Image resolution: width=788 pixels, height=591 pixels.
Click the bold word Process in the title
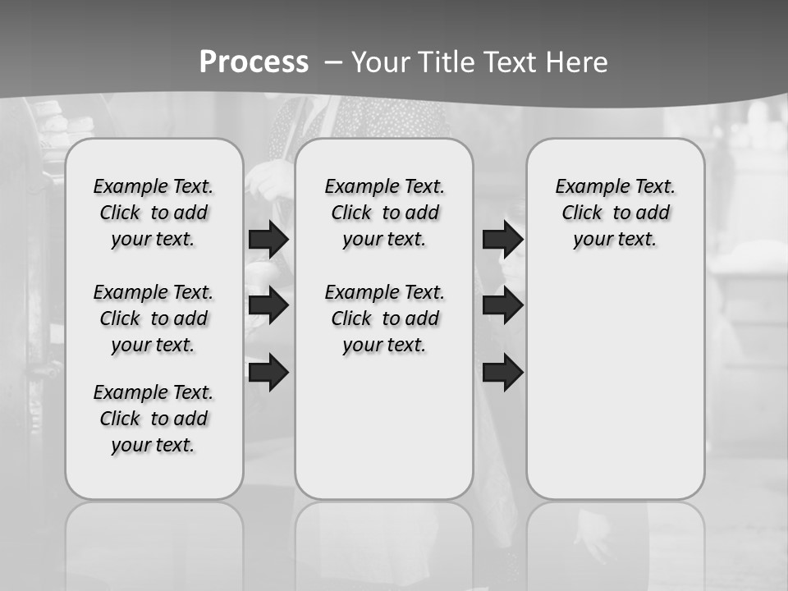point(254,62)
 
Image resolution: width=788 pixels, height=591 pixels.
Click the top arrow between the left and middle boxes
point(268,240)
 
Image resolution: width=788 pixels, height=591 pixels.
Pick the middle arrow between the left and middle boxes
point(268,305)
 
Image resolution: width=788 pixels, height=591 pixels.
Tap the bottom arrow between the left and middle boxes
point(268,372)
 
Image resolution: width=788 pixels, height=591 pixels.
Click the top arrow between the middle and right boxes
point(502,240)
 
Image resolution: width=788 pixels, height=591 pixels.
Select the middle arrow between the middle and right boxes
point(502,305)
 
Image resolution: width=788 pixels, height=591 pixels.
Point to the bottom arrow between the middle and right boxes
point(502,372)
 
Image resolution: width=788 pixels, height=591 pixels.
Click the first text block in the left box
point(153,213)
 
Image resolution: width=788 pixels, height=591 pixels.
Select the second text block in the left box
point(153,318)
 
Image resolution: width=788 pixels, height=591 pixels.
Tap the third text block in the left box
point(153,419)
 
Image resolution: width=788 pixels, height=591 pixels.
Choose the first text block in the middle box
point(384,213)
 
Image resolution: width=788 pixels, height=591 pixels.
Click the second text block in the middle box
point(384,318)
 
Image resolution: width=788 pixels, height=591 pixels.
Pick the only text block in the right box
point(615,213)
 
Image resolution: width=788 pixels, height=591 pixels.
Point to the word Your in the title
point(380,62)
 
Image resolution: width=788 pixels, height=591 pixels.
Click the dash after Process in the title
point(334,62)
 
